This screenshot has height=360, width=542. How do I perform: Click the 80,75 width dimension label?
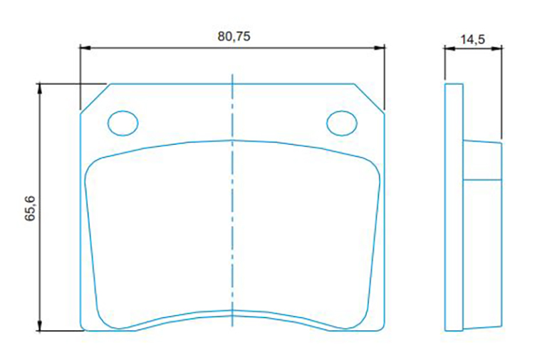234,36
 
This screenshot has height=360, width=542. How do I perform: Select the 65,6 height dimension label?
31,208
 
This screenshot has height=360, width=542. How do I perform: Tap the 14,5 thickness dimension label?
472,39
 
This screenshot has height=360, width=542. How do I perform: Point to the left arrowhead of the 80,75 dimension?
85,48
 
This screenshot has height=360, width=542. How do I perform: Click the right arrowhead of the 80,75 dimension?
380,48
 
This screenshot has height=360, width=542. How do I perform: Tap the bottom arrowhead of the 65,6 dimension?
40,326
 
